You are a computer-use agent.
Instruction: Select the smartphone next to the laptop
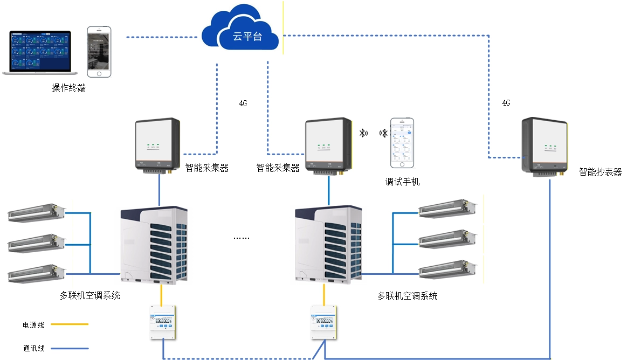click(x=99, y=51)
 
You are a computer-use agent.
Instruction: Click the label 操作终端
click(x=68, y=88)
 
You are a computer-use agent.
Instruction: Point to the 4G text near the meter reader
click(x=506, y=103)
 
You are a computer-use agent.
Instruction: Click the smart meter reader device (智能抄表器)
click(x=545, y=146)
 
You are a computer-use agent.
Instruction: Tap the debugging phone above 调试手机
click(x=403, y=143)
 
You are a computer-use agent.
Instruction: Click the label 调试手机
click(x=402, y=182)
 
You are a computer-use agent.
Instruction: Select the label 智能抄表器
click(x=600, y=172)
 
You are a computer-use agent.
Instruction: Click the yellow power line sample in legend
click(x=70, y=324)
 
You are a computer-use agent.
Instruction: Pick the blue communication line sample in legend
click(x=70, y=348)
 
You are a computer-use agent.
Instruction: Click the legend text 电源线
click(x=33, y=325)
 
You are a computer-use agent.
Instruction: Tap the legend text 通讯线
click(x=33, y=348)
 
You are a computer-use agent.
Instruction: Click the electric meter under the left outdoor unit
click(x=162, y=323)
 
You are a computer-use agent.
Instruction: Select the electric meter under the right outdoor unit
click(x=324, y=323)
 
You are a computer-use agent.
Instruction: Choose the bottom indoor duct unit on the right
click(x=448, y=268)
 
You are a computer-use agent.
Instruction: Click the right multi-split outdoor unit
click(x=329, y=245)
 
